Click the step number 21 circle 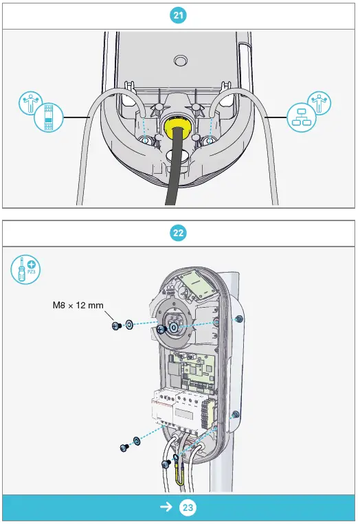[x=179, y=15]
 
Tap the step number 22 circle [x=179, y=233]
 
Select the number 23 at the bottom [x=188, y=508]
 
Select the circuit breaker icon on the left [x=47, y=122]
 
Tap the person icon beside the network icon [x=320, y=104]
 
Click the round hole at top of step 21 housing [x=181, y=60]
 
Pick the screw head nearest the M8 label [x=117, y=325]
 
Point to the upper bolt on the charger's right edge [x=238, y=319]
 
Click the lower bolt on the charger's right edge [x=236, y=415]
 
